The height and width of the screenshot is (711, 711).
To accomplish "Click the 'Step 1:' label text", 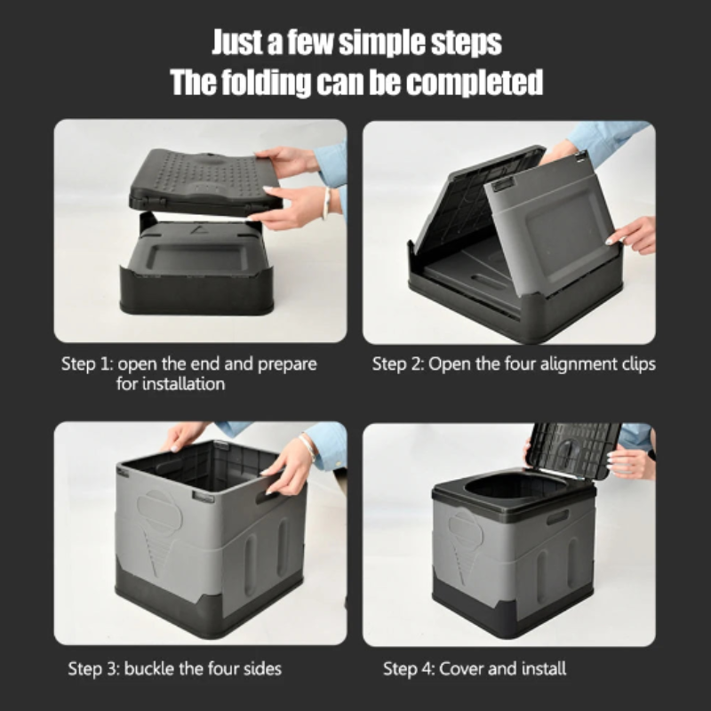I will (x=87, y=364).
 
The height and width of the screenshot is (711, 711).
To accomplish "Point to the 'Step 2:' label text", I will (x=398, y=364).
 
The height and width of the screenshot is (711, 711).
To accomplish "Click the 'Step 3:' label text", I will (x=94, y=668).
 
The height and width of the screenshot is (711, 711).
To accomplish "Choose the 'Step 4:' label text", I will (x=410, y=668).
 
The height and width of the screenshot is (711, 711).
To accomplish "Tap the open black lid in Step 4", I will (x=574, y=449).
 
